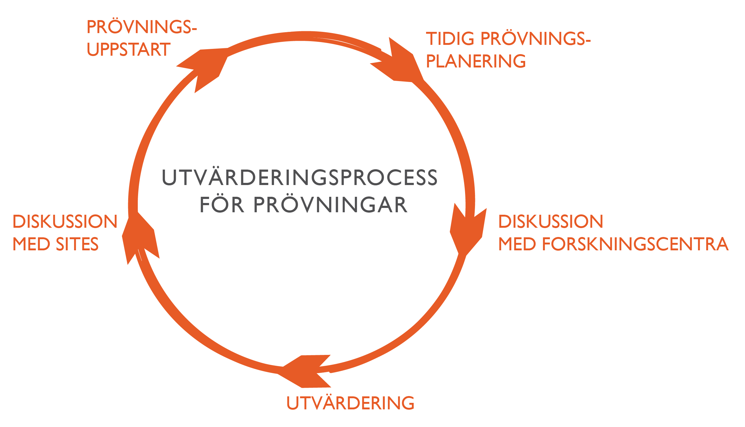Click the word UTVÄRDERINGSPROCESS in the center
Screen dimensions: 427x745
[299, 178]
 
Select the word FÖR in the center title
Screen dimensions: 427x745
[221, 205]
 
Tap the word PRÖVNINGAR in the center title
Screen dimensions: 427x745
[330, 205]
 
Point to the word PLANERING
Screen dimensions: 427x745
[476, 61]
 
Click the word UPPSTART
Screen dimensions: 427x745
[129, 50]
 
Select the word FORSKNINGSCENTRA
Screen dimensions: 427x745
[635, 244]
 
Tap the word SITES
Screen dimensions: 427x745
[77, 244]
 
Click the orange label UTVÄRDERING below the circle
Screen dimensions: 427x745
[350, 403]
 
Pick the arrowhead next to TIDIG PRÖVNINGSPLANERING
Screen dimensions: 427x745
[399, 63]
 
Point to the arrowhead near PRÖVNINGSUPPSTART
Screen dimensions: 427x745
[204, 67]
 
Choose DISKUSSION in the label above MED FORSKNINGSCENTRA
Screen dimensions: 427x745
[551, 222]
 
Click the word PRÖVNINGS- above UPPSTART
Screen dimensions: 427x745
[142, 27]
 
